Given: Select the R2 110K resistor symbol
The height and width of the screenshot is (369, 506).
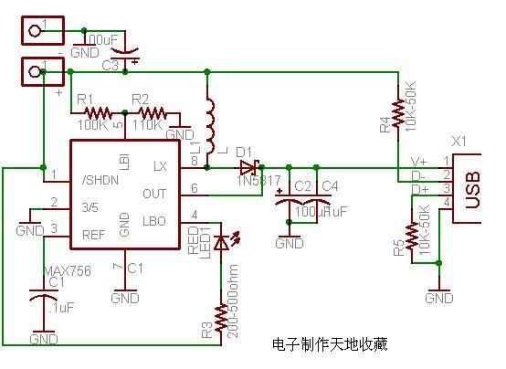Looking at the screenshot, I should click(152, 114).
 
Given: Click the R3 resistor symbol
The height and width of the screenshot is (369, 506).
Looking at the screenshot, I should click(219, 319).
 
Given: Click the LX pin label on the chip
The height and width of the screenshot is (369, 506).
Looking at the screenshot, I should click(160, 166).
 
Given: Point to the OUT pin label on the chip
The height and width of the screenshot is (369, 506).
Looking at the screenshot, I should click(154, 193).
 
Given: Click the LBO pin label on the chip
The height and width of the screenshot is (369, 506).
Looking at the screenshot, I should click(155, 221).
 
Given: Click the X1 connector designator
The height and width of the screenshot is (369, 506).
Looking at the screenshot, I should click(459, 142).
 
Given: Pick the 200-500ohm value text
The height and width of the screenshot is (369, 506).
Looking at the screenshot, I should click(237, 301).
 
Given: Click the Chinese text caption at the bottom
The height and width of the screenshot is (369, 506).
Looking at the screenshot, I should click(330, 344).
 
